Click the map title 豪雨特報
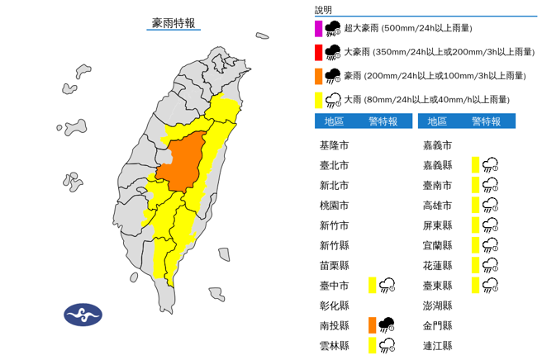coord(173,23)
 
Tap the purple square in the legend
coord(319,28)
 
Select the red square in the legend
coord(319,52)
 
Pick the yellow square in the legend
coord(319,100)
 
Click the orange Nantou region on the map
coord(184,161)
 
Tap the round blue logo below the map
coord(83,315)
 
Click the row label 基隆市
coord(334,144)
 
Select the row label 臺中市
coord(334,285)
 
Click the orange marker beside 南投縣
coord(373,324)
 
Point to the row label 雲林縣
coord(334,344)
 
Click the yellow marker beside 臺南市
coord(475,185)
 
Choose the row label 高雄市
coord(437,205)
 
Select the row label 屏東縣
coord(437,225)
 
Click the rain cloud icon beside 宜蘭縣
coord(490,245)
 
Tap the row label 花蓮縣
coord(437,265)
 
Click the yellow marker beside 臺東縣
coord(475,285)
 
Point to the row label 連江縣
coord(437,344)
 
